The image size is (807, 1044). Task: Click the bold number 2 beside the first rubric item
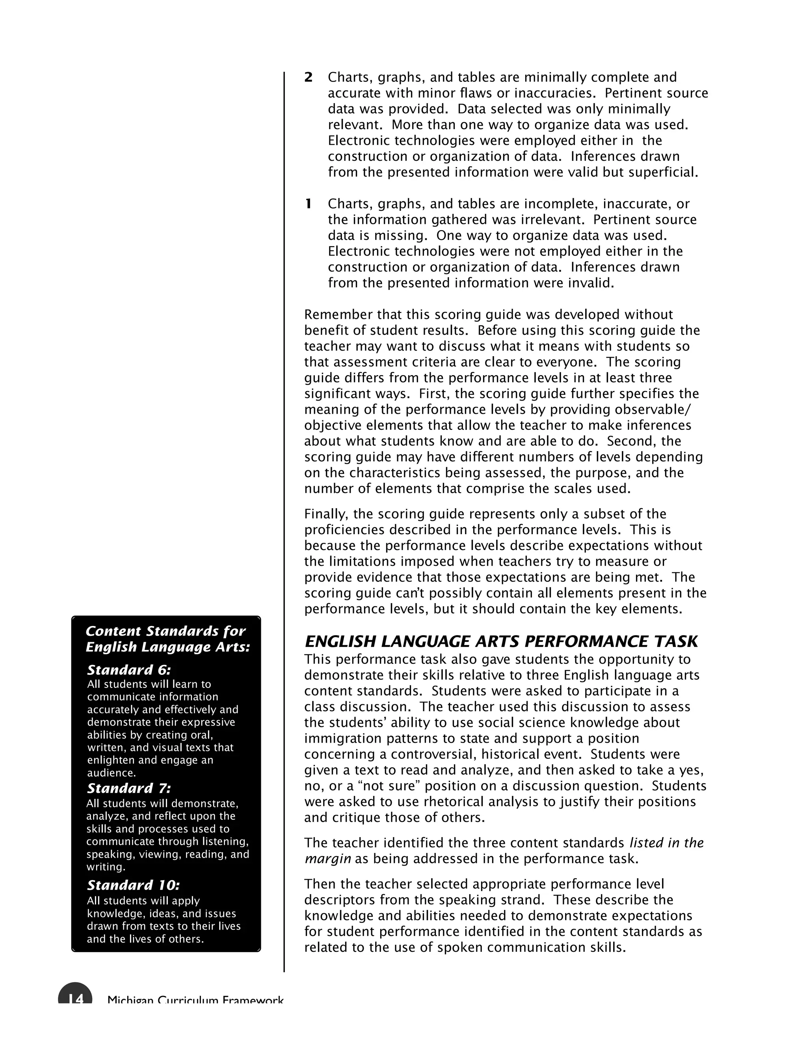(x=309, y=78)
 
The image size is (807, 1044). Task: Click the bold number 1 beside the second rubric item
(x=309, y=204)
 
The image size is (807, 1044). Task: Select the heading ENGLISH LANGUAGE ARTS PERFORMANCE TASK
(x=501, y=641)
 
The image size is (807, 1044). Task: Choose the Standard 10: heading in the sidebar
(x=134, y=885)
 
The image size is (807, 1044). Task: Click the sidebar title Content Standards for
(x=165, y=631)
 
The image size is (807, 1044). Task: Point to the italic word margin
(x=327, y=859)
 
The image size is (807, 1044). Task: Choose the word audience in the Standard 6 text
(x=111, y=773)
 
